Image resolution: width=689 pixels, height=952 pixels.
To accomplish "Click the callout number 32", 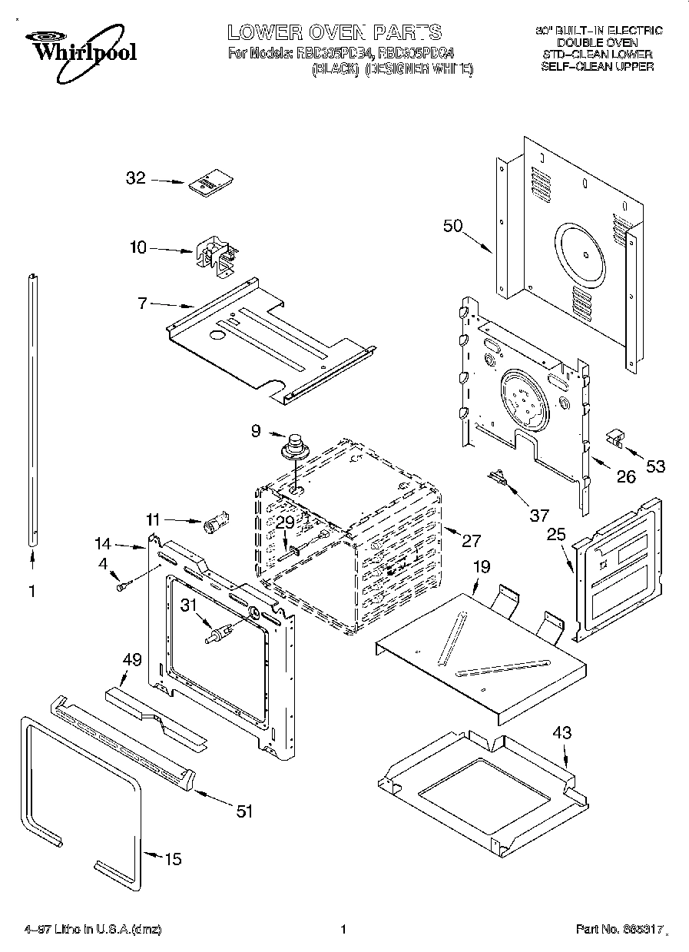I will [135, 179].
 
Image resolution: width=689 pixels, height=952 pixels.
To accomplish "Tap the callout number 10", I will [137, 247].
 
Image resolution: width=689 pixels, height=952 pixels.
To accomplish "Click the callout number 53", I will [655, 466].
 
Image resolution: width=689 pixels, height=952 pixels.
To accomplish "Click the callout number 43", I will [562, 732].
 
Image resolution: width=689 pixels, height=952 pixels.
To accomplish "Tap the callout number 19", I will [481, 568].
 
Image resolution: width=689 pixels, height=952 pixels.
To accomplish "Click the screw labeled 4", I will [123, 587].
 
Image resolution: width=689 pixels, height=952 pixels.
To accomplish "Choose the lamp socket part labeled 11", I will [213, 525].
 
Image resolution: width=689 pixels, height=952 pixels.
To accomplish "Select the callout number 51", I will [243, 810].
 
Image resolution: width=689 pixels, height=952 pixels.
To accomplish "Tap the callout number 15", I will [174, 858].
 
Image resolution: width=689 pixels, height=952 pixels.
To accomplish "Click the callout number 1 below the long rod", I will [31, 592].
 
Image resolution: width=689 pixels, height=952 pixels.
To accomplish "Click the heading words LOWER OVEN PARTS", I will [334, 32].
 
